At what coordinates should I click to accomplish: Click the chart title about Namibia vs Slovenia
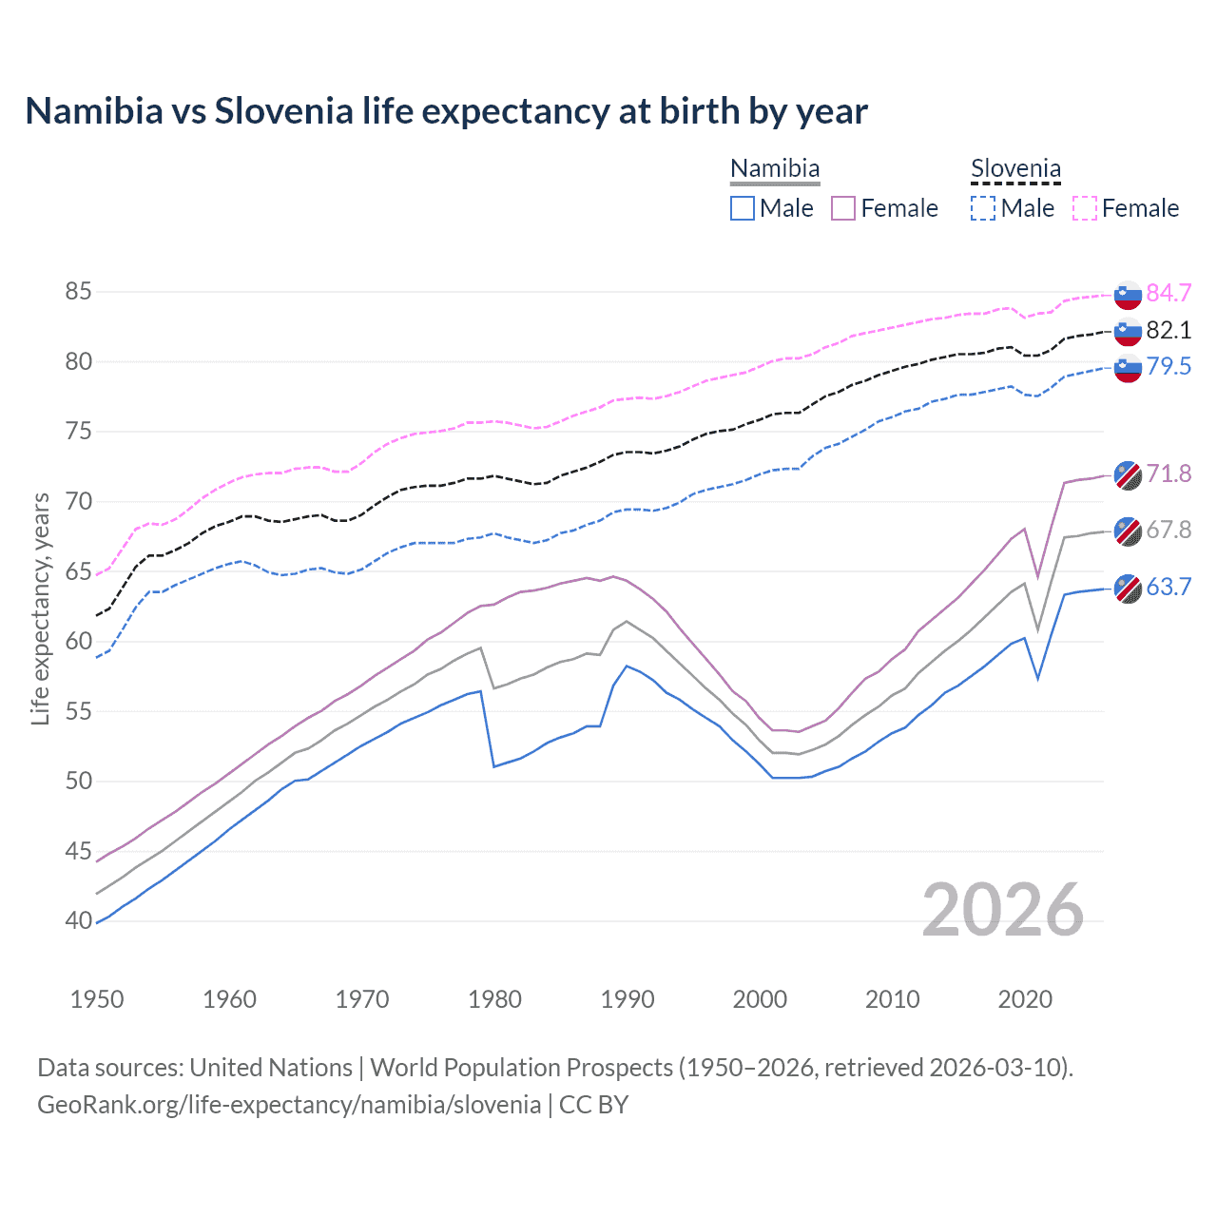click(x=446, y=111)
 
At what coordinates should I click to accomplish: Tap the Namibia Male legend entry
click(x=772, y=208)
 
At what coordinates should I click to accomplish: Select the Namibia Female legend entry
click(x=884, y=208)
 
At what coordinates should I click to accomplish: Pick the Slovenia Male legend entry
click(x=1013, y=208)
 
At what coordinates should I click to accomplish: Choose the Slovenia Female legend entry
click(x=1126, y=208)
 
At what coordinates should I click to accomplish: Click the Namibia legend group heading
click(x=775, y=169)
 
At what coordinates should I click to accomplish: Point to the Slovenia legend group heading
click(x=1015, y=169)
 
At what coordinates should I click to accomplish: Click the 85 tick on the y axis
click(x=78, y=292)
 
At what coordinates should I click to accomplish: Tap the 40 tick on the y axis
click(x=78, y=920)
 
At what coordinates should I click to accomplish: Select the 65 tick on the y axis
click(x=78, y=571)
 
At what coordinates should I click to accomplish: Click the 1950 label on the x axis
click(x=97, y=999)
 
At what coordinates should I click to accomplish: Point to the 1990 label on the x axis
click(x=628, y=999)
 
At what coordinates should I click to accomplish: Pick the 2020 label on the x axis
click(x=1025, y=999)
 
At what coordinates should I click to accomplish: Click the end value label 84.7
click(x=1169, y=293)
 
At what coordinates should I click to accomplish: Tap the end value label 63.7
click(x=1169, y=588)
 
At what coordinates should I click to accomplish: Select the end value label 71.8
click(x=1169, y=473)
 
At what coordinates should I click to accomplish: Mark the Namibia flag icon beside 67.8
click(x=1128, y=531)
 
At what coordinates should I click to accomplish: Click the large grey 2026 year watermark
click(x=1003, y=910)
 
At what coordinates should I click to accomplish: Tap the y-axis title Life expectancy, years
click(x=41, y=608)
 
